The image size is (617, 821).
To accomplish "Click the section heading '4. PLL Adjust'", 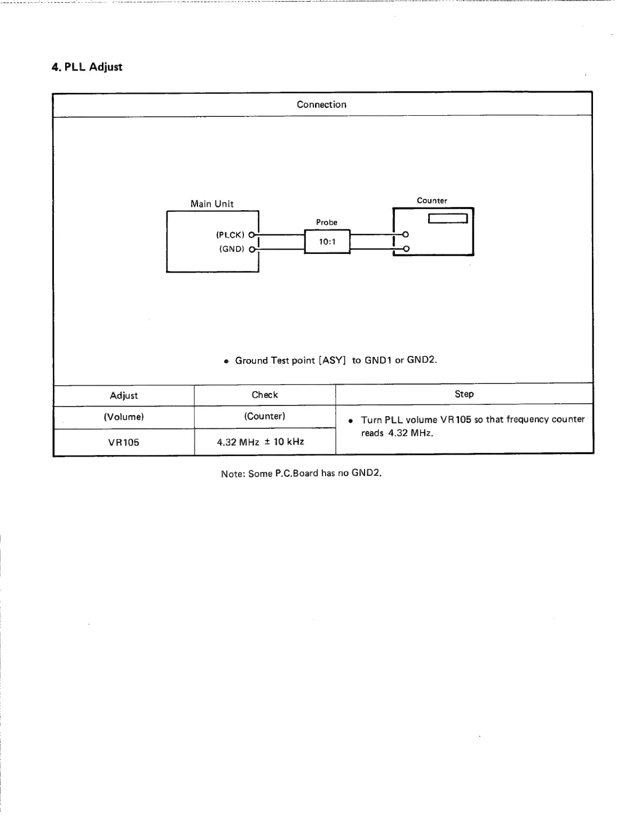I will pyautogui.click(x=86, y=67).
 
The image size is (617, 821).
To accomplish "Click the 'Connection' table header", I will pyautogui.click(x=321, y=105).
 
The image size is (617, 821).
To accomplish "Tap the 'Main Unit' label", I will pyautogui.click(x=212, y=204).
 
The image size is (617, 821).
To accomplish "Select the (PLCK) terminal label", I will pyautogui.click(x=230, y=235).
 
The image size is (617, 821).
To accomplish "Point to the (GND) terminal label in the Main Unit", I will pyautogui.click(x=232, y=249).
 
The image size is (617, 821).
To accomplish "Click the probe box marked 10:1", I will pyautogui.click(x=327, y=242).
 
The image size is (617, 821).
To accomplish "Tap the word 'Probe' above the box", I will pyautogui.click(x=327, y=222).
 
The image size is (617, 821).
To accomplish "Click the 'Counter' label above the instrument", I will pyautogui.click(x=432, y=201).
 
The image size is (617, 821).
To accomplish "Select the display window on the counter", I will pyautogui.click(x=448, y=218).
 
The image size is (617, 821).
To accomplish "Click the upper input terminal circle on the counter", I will pyautogui.click(x=406, y=235).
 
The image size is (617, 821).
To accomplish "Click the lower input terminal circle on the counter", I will pyautogui.click(x=406, y=249).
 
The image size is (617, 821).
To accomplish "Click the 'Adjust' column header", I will pyautogui.click(x=124, y=395).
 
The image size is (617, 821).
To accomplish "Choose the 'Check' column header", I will pyautogui.click(x=265, y=395).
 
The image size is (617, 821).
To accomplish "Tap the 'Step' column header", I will pyautogui.click(x=464, y=394).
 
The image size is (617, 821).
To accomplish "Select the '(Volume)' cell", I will pyautogui.click(x=124, y=417).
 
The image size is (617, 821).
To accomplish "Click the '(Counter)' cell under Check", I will pyautogui.click(x=265, y=416).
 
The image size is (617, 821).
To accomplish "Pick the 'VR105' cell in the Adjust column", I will pyautogui.click(x=124, y=442).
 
